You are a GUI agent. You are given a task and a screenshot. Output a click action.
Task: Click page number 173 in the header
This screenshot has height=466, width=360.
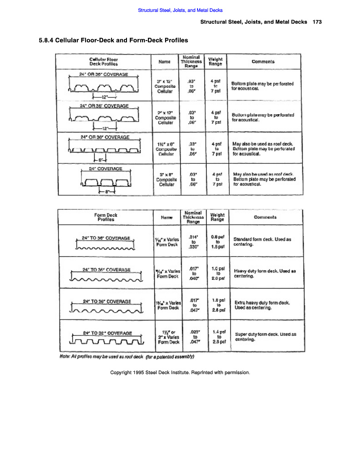click(317, 22)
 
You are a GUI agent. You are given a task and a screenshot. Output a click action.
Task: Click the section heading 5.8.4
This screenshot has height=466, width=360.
click(113, 40)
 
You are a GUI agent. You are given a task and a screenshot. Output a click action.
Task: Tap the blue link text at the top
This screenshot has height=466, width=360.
click(180, 10)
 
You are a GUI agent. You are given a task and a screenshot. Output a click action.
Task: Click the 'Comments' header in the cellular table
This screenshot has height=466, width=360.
click(263, 61)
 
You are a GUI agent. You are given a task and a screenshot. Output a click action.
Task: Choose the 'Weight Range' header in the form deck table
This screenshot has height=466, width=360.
click(217, 217)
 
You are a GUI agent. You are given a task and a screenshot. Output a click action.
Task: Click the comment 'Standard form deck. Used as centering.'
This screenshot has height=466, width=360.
click(262, 242)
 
